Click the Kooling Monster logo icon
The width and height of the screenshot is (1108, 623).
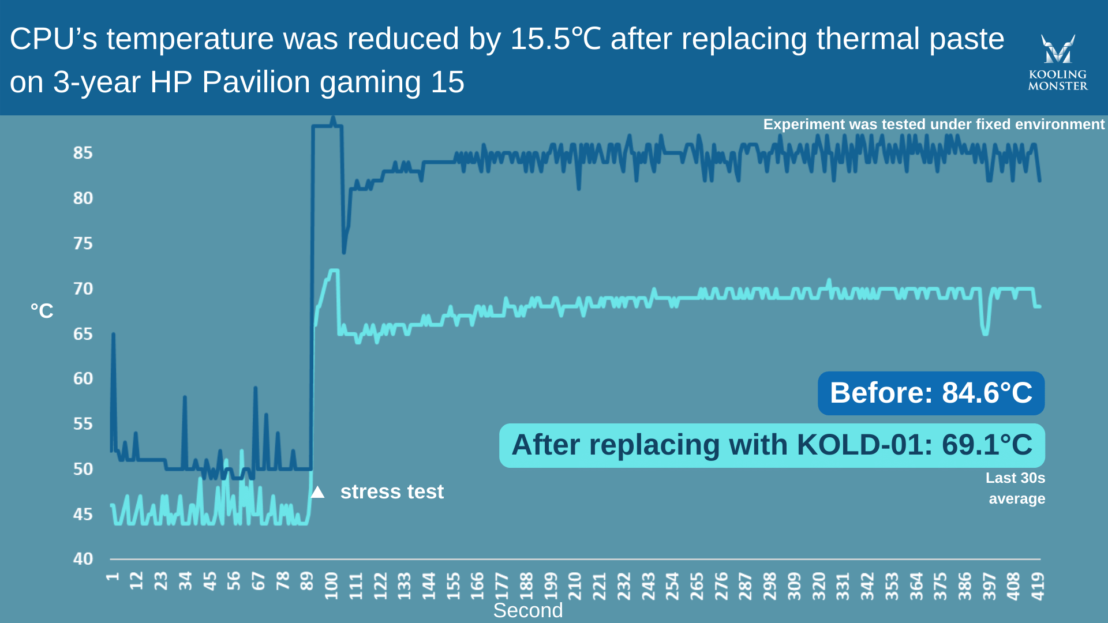click(x=1057, y=49)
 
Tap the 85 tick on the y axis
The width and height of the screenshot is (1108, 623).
click(x=83, y=153)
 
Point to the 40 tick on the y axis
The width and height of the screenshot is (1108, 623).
click(x=83, y=558)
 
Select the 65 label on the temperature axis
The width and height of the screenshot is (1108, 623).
click(x=83, y=334)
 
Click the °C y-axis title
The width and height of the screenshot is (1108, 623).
click(x=42, y=311)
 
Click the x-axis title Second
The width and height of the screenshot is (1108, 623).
click(x=527, y=610)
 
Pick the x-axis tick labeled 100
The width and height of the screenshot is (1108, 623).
click(x=331, y=586)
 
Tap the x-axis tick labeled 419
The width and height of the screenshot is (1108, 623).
click(x=1038, y=586)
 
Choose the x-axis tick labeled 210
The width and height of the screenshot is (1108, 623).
click(x=575, y=586)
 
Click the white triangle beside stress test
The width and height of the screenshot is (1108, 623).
click(x=317, y=492)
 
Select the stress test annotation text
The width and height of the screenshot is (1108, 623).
click(x=392, y=491)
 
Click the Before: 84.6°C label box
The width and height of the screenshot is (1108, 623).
click(x=931, y=393)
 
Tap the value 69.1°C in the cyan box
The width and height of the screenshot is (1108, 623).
click(x=987, y=445)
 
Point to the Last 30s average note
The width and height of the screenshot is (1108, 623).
click(x=1016, y=488)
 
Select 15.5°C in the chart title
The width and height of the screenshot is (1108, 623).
click(x=556, y=39)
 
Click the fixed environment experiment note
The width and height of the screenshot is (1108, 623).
click(x=933, y=124)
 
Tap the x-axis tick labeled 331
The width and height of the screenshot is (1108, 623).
click(x=843, y=586)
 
